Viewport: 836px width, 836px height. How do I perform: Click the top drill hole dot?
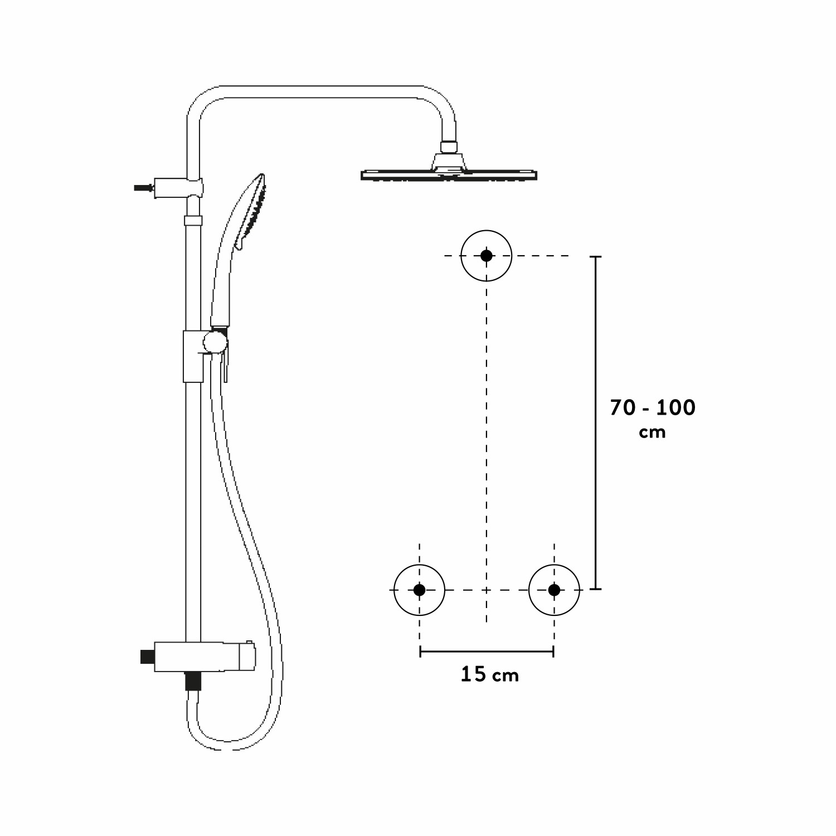pyautogui.click(x=487, y=255)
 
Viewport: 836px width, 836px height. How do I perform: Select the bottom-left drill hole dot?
pyautogui.click(x=419, y=590)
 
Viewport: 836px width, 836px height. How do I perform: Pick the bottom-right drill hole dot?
pyautogui.click(x=554, y=590)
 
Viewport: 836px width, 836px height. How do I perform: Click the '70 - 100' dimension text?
pyautogui.click(x=653, y=407)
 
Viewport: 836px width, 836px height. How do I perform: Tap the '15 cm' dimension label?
pyautogui.click(x=489, y=675)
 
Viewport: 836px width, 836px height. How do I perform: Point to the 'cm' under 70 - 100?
pyautogui.click(x=653, y=432)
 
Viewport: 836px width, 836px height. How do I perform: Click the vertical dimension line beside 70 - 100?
pyautogui.click(x=596, y=422)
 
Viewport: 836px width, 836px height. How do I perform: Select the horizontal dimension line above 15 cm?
pyautogui.click(x=487, y=651)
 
